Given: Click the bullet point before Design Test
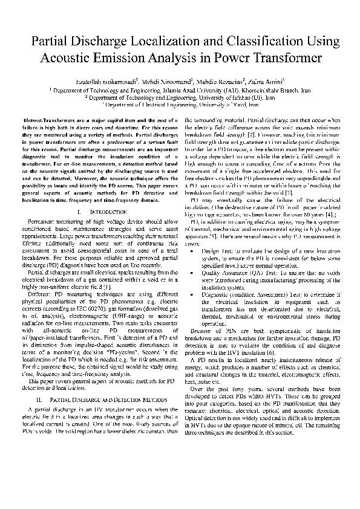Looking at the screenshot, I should click(x=192, y=250).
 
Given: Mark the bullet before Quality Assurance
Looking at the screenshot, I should click(x=192, y=273).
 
